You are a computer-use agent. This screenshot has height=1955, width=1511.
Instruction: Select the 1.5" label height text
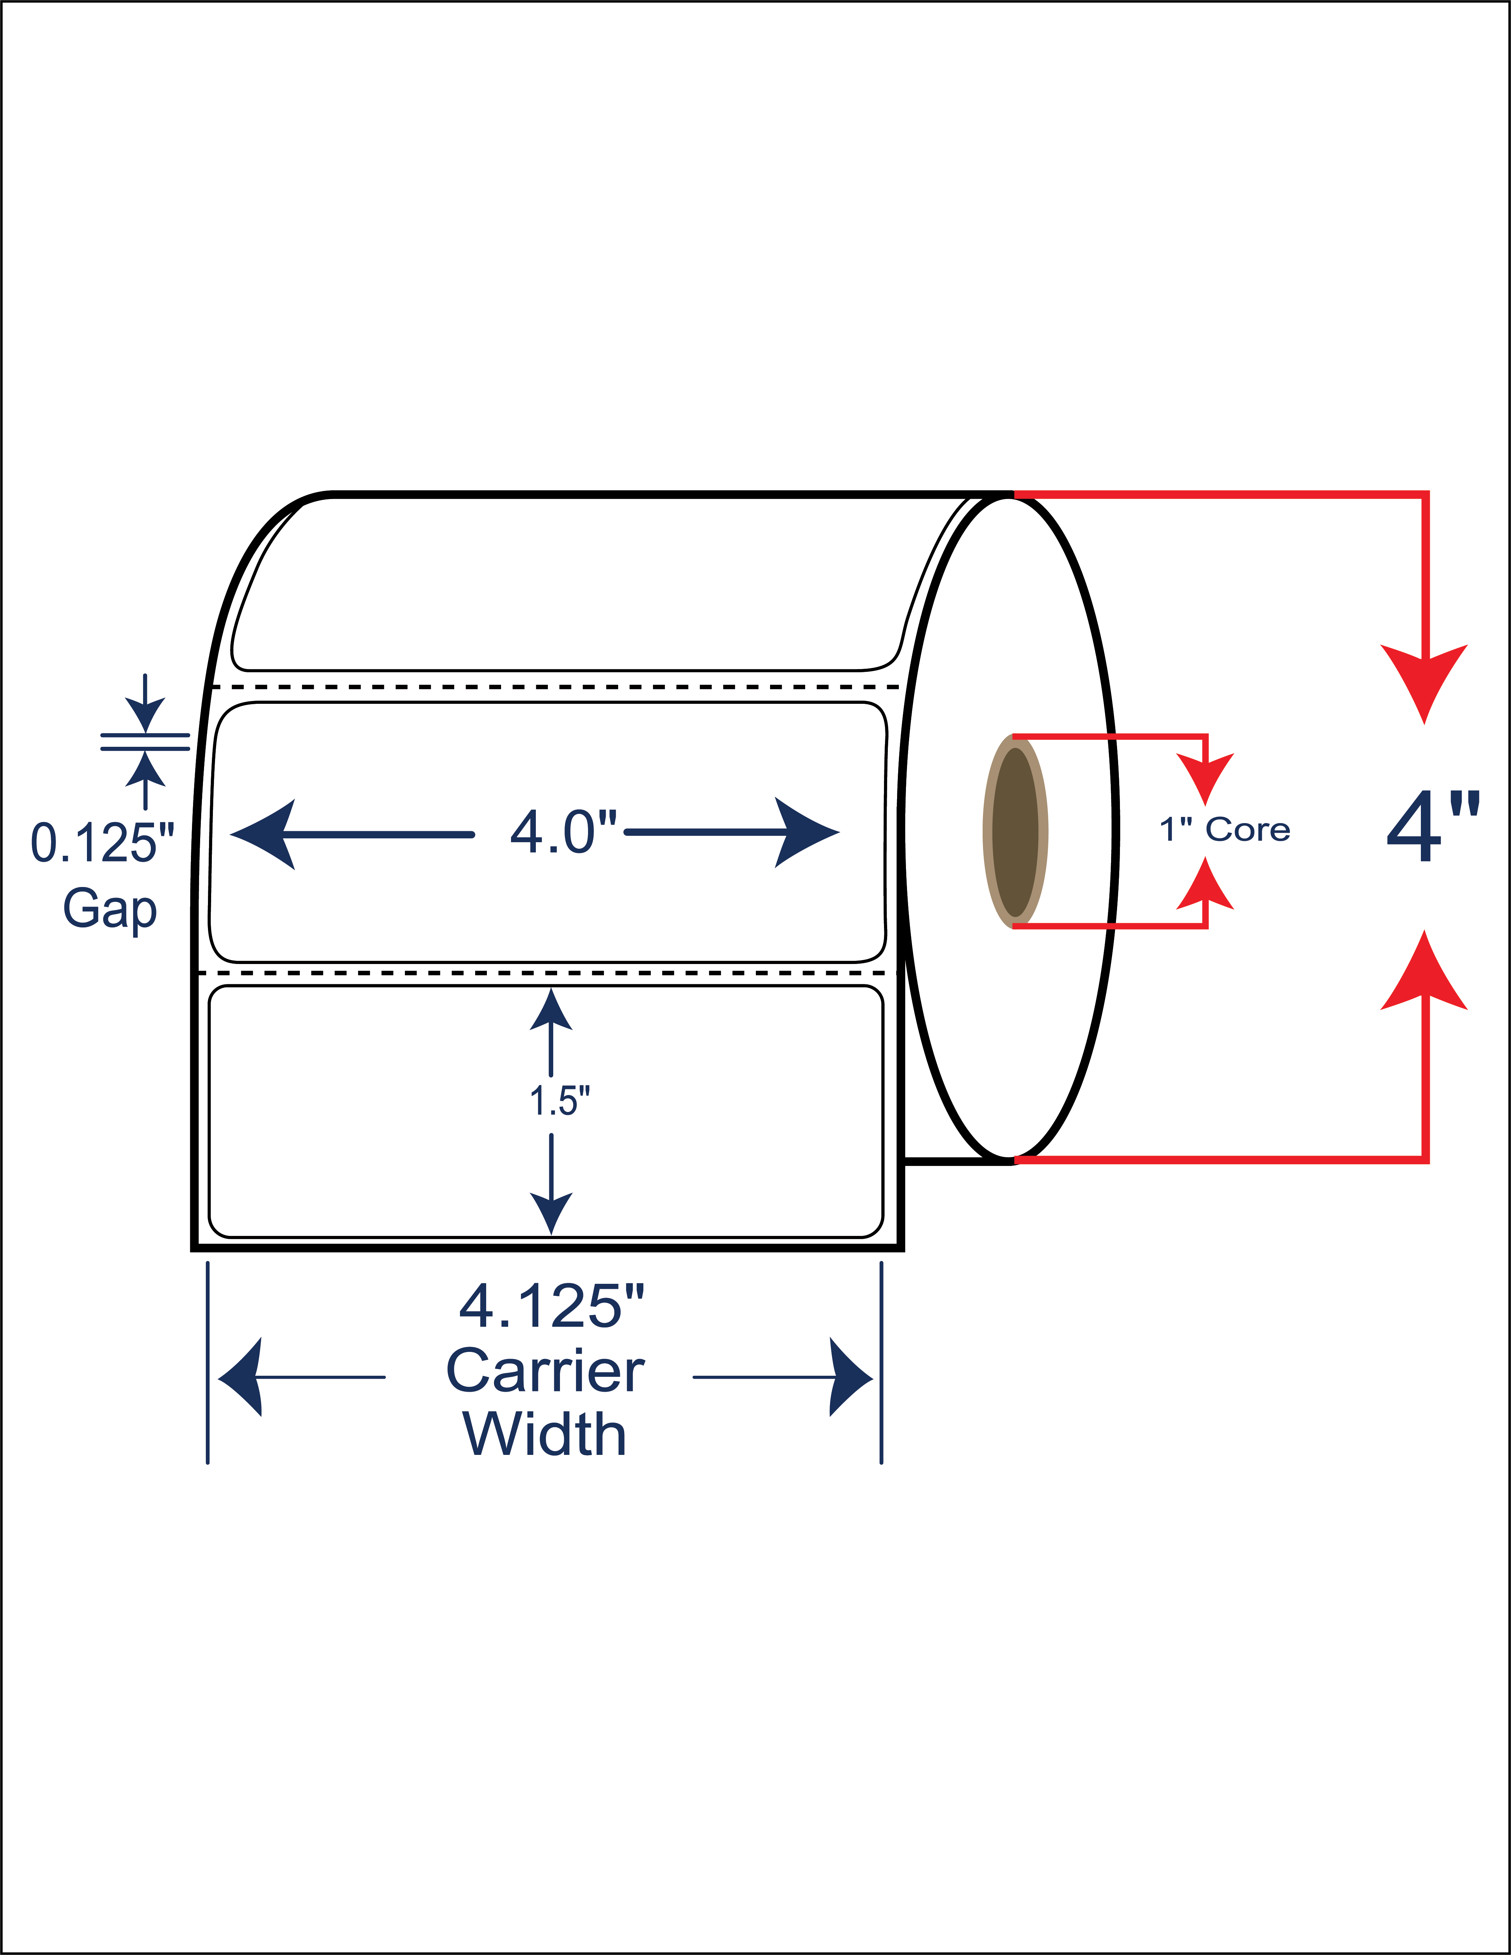tap(560, 1101)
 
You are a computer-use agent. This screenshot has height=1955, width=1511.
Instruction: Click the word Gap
tap(110, 909)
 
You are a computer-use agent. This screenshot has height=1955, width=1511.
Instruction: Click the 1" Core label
tap(1225, 830)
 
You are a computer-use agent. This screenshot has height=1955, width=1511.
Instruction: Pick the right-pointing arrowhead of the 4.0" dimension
tap(807, 832)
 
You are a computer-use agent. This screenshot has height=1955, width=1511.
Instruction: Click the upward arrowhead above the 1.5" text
tap(550, 1009)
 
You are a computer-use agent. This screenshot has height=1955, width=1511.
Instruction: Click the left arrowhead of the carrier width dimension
tap(240, 1377)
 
